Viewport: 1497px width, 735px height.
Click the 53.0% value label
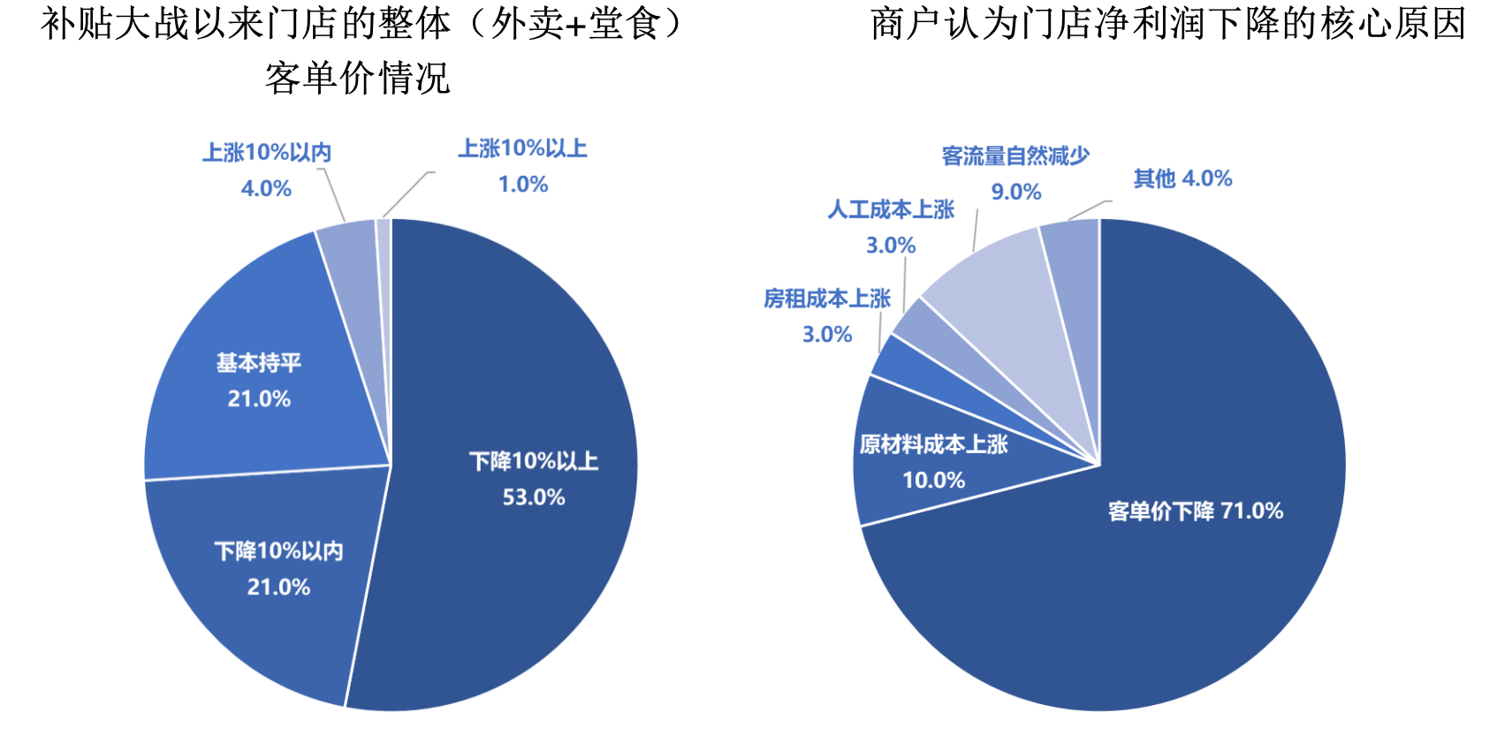pyautogui.click(x=534, y=497)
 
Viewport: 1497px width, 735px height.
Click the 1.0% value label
pyautogui.click(x=523, y=185)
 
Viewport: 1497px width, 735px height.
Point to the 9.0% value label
pyautogui.click(x=1016, y=192)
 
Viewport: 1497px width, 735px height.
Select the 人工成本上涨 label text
pyautogui.click(x=891, y=209)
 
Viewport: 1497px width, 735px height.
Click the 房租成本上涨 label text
pyautogui.click(x=827, y=299)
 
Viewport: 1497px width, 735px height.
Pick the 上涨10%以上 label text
pyautogui.click(x=523, y=148)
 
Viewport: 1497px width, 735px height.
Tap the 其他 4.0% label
pyautogui.click(x=1182, y=178)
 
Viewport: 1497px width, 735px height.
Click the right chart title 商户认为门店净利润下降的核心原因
pyautogui.click(x=1168, y=24)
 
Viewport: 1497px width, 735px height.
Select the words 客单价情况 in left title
pyautogui.click(x=358, y=78)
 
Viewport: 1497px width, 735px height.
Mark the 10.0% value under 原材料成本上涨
pyautogui.click(x=934, y=481)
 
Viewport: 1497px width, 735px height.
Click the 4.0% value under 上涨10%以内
pyautogui.click(x=266, y=188)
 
